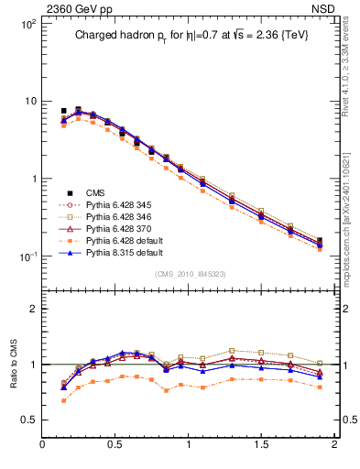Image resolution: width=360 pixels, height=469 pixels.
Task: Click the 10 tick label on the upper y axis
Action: (x=29, y=101)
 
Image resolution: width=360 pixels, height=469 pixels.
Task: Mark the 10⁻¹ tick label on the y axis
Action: (x=27, y=256)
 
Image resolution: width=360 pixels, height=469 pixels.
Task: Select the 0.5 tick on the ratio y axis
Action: (x=27, y=420)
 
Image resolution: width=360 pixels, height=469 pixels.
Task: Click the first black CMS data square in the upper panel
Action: (x=63, y=111)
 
